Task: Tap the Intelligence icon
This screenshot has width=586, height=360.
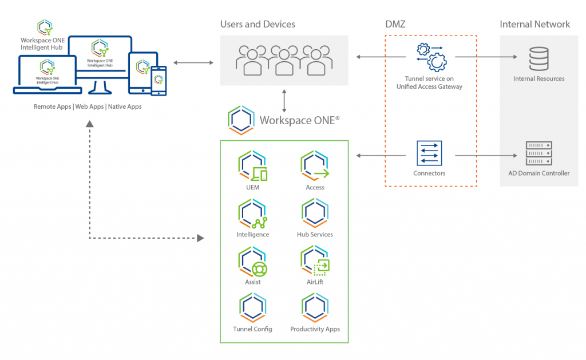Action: coord(252,213)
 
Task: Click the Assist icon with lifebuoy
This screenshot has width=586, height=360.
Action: coord(252,261)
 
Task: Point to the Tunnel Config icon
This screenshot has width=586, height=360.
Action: coord(252,308)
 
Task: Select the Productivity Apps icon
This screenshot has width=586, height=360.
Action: coord(315,308)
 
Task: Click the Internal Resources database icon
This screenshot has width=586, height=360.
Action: coord(539,57)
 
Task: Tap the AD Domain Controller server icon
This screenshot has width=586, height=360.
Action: coord(539,153)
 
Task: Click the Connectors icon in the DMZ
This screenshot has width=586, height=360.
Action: coord(429,153)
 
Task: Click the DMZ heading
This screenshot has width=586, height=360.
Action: coord(395,24)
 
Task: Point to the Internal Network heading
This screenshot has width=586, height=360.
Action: coord(534,24)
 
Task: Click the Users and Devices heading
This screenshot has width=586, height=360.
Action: coord(258,24)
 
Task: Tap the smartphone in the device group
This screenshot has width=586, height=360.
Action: coord(159,81)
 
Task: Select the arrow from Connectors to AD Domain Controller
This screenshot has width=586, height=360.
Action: coord(486,155)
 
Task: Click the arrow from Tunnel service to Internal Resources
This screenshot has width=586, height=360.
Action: coord(486,57)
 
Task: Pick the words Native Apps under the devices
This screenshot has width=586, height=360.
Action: coord(125,106)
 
